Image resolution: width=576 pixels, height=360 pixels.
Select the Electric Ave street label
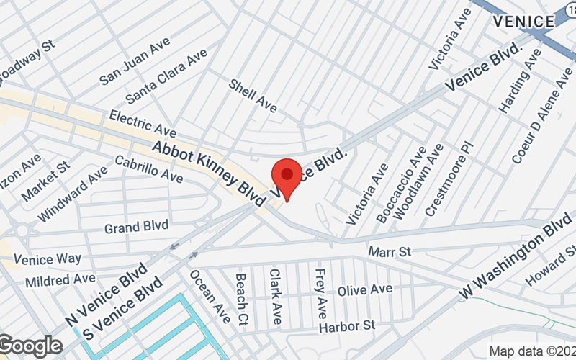click(x=143, y=124)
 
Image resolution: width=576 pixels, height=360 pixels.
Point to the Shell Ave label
click(x=253, y=95)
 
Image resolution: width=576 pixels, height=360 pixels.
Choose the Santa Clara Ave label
click(x=166, y=75)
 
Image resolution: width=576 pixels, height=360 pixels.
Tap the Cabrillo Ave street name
click(x=148, y=170)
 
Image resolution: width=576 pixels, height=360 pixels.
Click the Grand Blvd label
click(x=136, y=227)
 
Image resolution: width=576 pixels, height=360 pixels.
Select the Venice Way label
click(x=48, y=258)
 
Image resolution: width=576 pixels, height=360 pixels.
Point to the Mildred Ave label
click(x=60, y=279)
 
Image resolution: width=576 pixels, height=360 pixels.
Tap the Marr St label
click(x=389, y=252)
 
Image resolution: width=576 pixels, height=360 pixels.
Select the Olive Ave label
click(x=365, y=289)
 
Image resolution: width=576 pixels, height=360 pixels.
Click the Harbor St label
click(x=348, y=326)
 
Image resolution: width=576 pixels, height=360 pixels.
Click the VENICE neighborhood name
click(x=523, y=22)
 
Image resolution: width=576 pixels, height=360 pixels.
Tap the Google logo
click(x=30, y=346)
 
